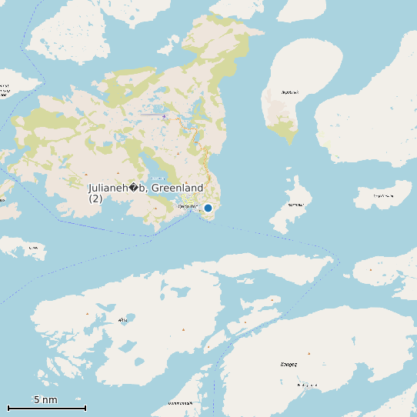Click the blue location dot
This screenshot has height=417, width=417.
click(x=208, y=208)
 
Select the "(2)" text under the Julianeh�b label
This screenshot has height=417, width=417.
click(x=95, y=198)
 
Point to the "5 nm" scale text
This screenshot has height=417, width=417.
click(x=45, y=400)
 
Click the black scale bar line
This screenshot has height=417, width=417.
click(x=46, y=408)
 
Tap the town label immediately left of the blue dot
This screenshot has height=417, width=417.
click(x=188, y=206)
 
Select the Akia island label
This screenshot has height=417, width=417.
click(x=123, y=319)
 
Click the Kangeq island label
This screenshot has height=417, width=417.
click(x=289, y=363)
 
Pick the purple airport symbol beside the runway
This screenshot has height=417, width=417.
click(x=164, y=116)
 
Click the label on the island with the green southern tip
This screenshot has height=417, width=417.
click(x=289, y=92)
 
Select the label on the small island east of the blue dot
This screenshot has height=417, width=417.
click(x=295, y=205)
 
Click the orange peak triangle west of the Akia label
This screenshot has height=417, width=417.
click(x=88, y=315)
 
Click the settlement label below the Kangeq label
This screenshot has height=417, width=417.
click(x=307, y=385)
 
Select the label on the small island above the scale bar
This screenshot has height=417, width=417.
click(x=32, y=248)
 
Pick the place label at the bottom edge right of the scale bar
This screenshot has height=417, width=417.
click(x=182, y=403)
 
